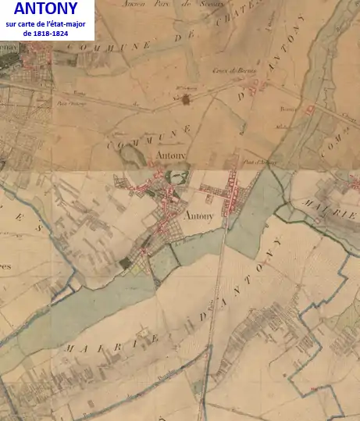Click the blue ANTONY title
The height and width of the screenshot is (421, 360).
pos(45,9)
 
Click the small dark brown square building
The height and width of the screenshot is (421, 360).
pos(186,98)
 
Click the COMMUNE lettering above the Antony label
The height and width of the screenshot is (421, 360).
pos(148,133)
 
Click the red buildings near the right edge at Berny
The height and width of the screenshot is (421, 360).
pos(312,109)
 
